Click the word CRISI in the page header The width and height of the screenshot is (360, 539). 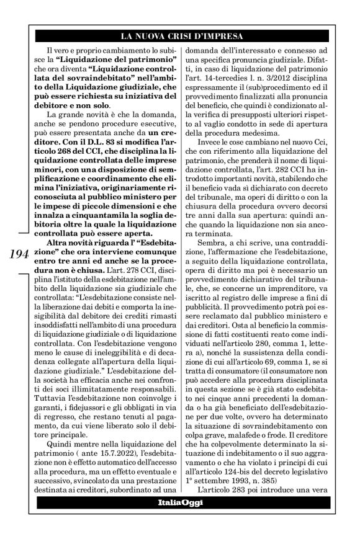(x=184, y=35)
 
